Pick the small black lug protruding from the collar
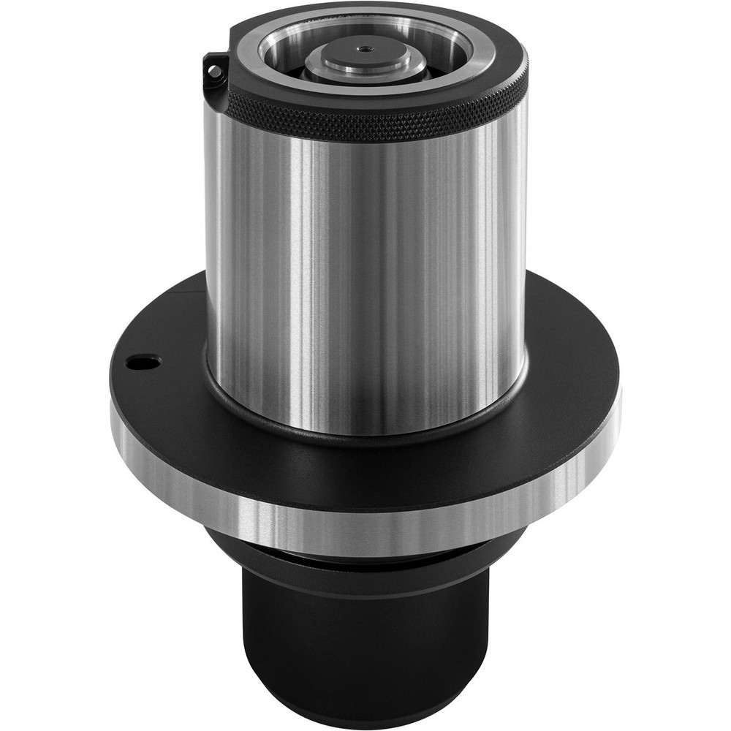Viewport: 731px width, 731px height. tap(214, 73)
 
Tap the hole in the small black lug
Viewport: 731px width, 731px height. tap(213, 71)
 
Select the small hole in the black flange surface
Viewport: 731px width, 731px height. tap(143, 362)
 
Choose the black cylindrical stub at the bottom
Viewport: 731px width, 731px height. tap(365, 643)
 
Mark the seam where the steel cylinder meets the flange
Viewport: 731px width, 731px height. tap(365, 431)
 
